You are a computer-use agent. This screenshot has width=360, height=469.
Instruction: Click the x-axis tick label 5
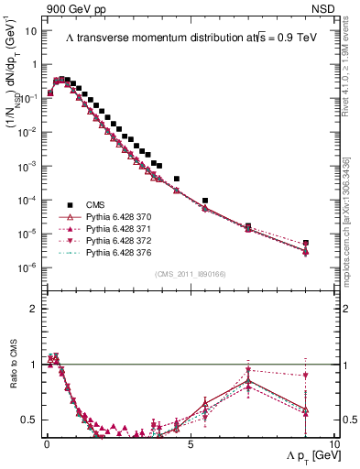point(189,442)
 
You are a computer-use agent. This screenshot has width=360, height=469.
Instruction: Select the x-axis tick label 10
point(333,442)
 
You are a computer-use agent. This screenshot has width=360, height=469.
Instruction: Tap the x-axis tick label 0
point(47,442)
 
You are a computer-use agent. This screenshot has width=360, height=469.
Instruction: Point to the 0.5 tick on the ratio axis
point(29,420)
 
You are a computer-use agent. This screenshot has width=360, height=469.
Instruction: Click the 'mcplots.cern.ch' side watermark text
point(352,247)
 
